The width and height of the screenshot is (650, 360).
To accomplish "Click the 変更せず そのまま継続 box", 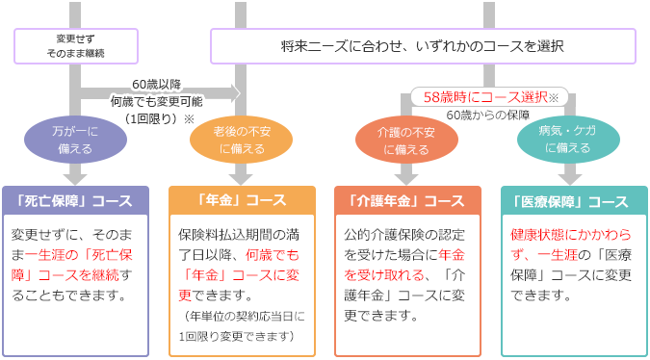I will tap(76, 44).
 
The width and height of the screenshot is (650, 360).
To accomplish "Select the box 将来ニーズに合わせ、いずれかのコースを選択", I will tap(423, 45).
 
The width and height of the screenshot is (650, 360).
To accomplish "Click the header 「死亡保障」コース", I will tap(74, 201).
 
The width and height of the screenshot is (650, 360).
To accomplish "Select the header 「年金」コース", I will tap(242, 201).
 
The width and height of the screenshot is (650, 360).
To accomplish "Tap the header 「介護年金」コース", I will tap(407, 201).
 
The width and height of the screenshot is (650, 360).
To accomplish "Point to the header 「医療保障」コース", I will tap(573, 201).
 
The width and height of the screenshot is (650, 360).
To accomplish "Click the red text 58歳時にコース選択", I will tap(484, 97).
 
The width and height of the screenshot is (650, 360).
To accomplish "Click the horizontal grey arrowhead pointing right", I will tap(233, 93).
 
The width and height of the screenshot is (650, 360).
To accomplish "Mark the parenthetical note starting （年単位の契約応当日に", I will tap(246, 316).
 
